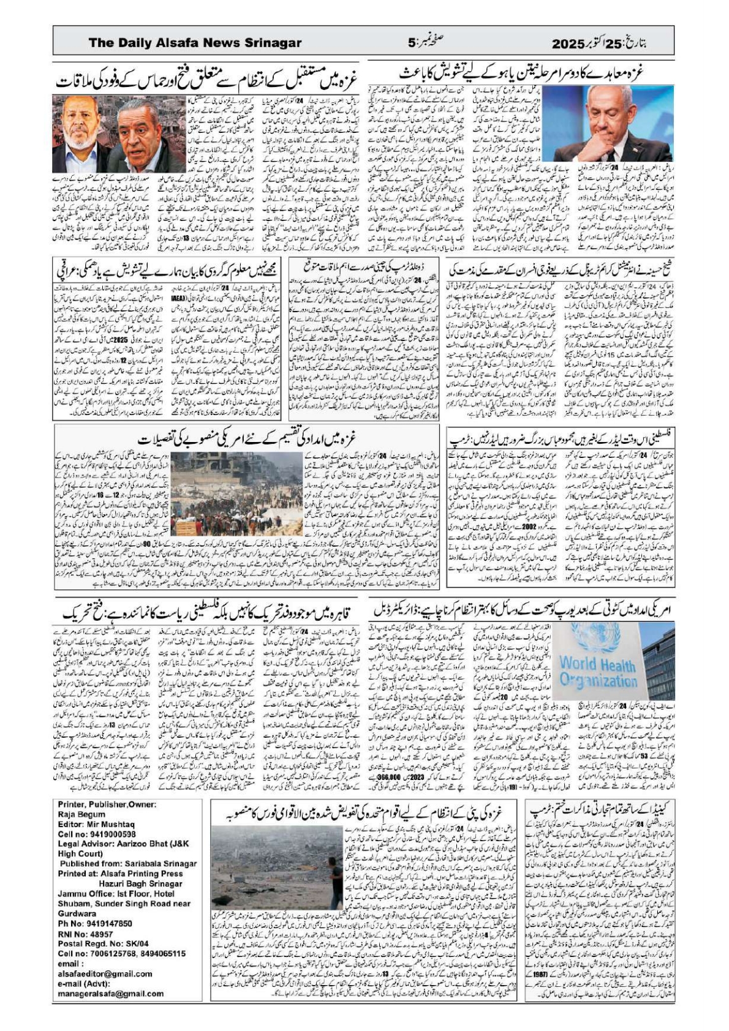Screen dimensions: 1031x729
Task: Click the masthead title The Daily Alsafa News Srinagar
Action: pyautogui.click(x=195, y=43)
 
